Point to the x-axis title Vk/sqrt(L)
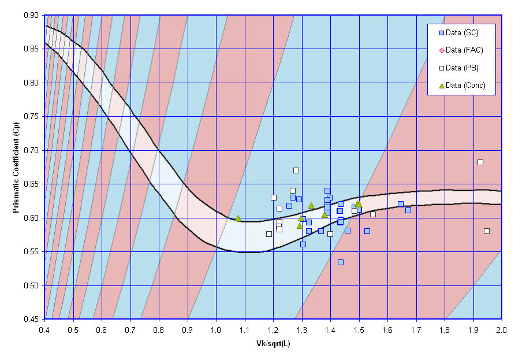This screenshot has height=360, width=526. click(274, 343)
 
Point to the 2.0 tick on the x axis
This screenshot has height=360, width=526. click(502, 329)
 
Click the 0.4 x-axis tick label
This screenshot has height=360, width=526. click(44, 329)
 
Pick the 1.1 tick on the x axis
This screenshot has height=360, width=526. click(245, 329)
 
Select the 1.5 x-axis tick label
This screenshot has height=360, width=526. click(359, 329)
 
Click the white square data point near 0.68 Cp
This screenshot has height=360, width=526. click(480, 162)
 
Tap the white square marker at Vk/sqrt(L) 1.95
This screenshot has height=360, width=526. click(487, 231)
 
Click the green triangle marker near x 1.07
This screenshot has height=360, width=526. click(238, 218)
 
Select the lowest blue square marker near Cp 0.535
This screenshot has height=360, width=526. click(341, 262)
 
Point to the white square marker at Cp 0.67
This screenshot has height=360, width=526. click(296, 170)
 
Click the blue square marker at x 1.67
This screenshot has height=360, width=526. click(408, 210)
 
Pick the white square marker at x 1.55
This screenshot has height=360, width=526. click(373, 214)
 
